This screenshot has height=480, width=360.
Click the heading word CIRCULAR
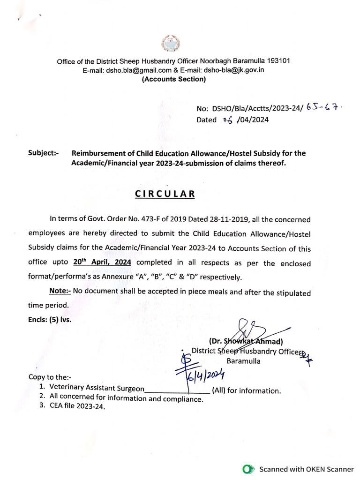[x=165, y=194]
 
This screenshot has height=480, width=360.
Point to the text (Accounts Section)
[x=173, y=79]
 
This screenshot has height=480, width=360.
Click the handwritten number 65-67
[x=323, y=107]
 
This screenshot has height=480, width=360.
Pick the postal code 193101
[x=279, y=61]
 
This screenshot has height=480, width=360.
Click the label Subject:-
[x=44, y=153]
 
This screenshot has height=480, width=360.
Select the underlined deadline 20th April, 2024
[x=102, y=262]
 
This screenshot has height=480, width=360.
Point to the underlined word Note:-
[x=60, y=292]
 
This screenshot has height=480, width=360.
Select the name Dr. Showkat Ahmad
[x=247, y=341]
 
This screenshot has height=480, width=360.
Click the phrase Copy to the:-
[x=50, y=377]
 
